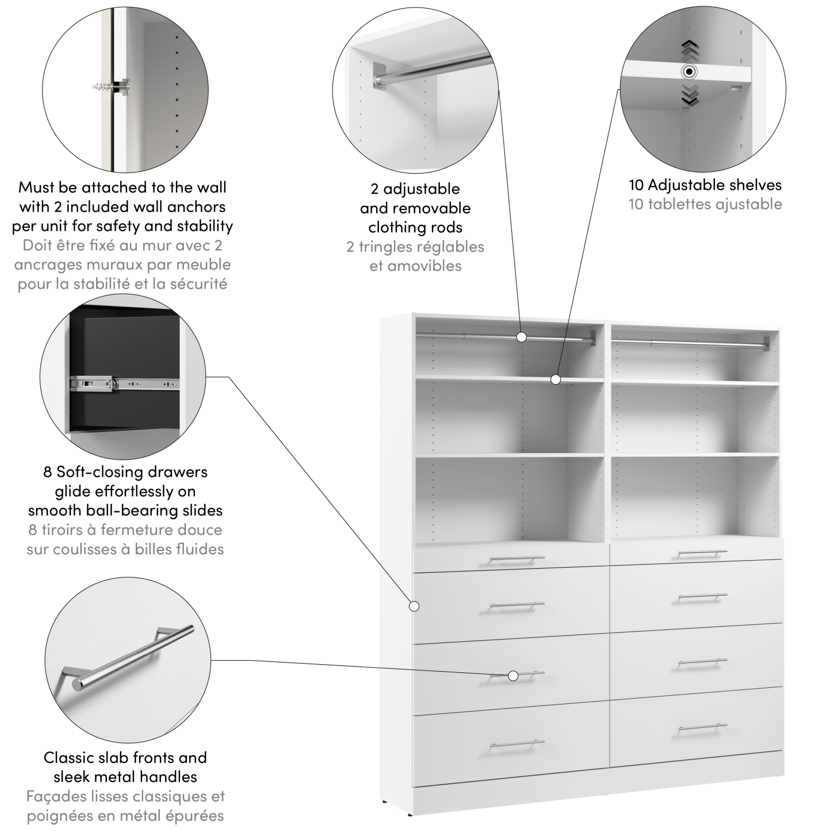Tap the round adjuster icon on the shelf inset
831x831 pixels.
tap(689, 72)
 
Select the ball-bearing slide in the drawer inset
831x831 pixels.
tap(123, 382)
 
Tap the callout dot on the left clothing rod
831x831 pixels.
tap(522, 337)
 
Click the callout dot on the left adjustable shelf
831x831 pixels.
tap(555, 379)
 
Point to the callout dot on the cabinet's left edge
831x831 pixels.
tap(413, 606)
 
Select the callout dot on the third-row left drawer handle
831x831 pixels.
tap(513, 676)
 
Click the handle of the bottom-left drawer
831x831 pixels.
tap(516, 746)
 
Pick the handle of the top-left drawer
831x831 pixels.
tap(516, 559)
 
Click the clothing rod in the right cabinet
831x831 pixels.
tap(690, 343)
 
